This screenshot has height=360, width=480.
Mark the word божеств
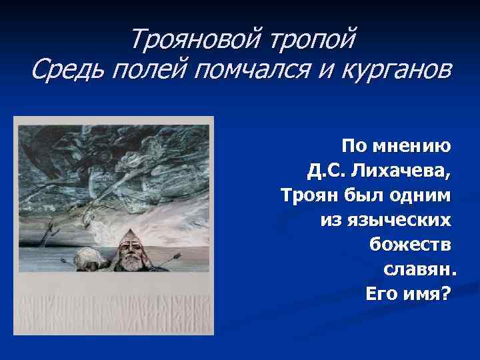tap(410, 245)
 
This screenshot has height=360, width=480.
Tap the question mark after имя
tap(445, 293)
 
